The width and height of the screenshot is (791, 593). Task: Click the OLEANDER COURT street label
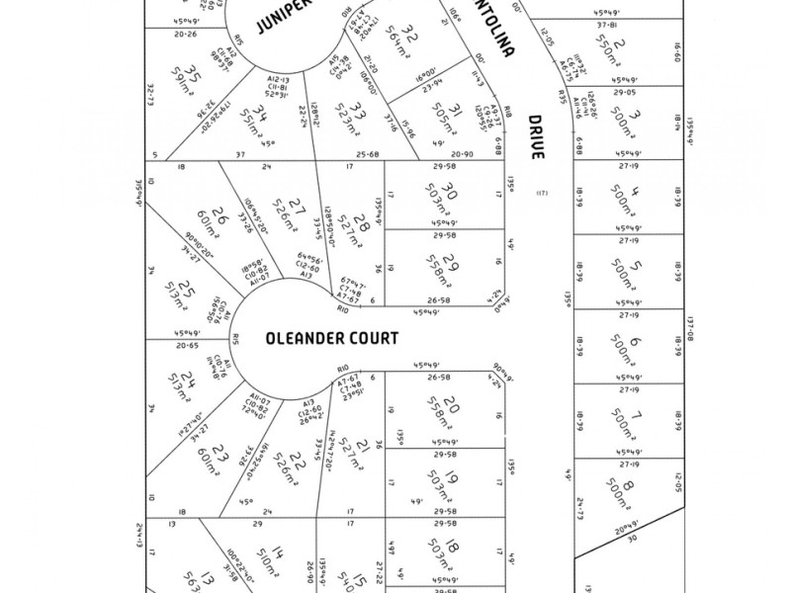[x=332, y=338]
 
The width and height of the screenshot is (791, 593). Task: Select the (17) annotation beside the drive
[x=541, y=193]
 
